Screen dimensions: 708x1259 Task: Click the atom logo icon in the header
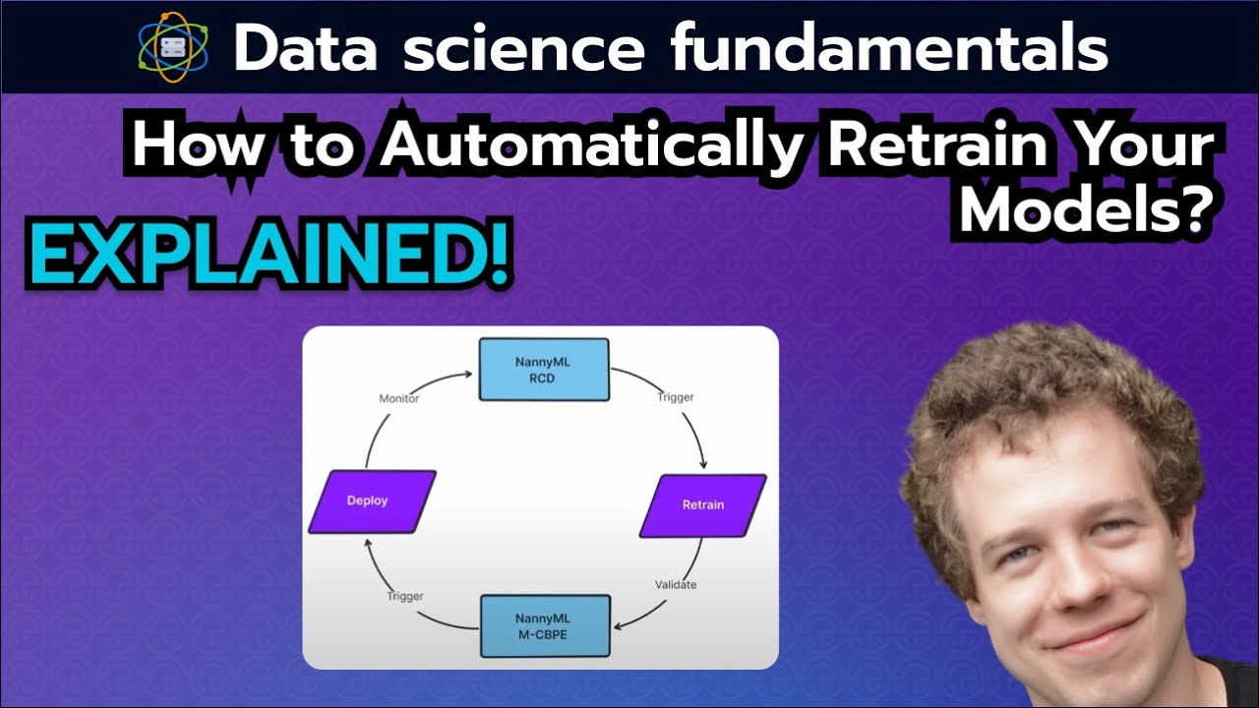(x=173, y=45)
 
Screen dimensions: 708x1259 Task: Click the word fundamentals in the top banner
(x=890, y=47)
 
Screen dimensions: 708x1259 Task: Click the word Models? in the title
(x=1081, y=207)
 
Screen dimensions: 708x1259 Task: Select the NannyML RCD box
(x=543, y=370)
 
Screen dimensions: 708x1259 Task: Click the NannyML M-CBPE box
(x=545, y=626)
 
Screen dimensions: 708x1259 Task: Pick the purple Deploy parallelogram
(x=371, y=501)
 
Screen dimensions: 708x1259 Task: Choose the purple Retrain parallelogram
(x=702, y=505)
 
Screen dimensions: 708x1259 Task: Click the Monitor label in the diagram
(x=399, y=398)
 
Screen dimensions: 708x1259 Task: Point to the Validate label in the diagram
(x=676, y=585)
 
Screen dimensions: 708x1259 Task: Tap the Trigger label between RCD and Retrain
(x=675, y=397)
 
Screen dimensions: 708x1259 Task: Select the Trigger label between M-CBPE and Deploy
(x=404, y=596)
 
